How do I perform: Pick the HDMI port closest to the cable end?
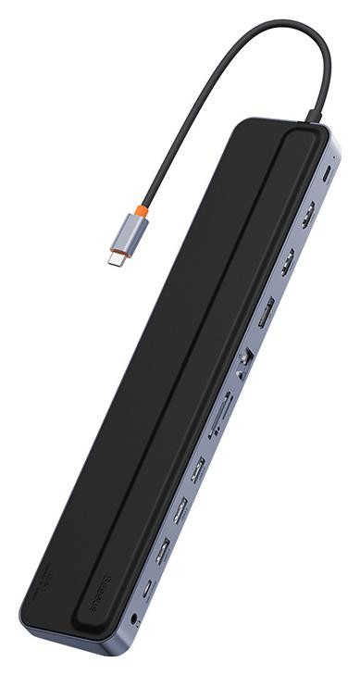pos(306,215)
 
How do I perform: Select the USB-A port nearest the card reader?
pos(196,469)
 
